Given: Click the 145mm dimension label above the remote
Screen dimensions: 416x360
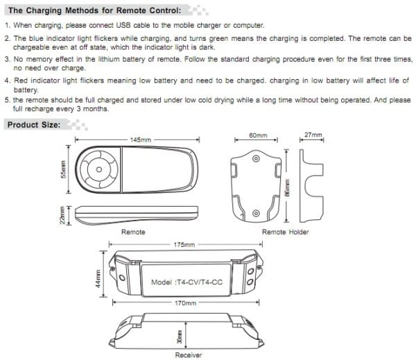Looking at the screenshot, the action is tap(140, 139).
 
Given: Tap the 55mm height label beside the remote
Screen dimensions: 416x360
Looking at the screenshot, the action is tap(63, 169).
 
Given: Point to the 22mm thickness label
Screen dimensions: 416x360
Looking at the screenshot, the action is tap(62, 215).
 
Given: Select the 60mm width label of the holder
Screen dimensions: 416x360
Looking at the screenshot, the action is tap(258, 135).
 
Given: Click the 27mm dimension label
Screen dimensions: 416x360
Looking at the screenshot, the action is tap(313, 135).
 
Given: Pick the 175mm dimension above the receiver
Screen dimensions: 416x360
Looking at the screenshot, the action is tap(184, 245).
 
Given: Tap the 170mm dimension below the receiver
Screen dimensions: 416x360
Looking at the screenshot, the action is tap(185, 303).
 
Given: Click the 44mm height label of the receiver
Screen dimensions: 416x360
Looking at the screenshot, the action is tap(98, 279).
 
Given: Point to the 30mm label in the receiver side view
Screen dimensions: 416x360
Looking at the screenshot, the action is tap(180, 336).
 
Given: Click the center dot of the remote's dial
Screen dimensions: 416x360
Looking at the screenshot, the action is tap(99, 169).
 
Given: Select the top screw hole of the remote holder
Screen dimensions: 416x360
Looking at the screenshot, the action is tap(256, 158).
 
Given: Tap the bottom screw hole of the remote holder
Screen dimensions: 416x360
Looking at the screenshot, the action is tap(256, 213).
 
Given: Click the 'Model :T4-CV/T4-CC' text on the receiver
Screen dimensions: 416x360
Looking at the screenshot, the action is tap(187, 282).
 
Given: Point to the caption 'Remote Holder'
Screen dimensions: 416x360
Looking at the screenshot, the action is tap(286, 232).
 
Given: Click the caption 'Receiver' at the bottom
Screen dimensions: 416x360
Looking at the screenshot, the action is tap(189, 355).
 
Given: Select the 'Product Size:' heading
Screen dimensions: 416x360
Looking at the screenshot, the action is tap(34, 125).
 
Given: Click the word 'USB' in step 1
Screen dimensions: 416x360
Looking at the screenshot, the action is tap(123, 25).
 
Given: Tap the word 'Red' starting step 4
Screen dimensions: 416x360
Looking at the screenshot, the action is tap(21, 80).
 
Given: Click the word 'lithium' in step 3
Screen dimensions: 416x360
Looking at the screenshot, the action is tap(110, 59).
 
